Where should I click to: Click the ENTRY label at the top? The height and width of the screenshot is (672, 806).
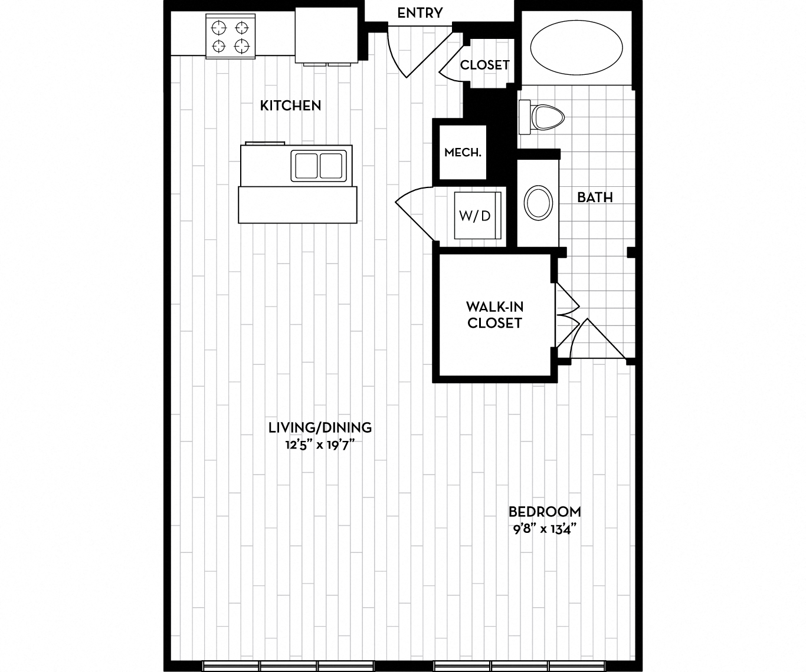click(x=420, y=13)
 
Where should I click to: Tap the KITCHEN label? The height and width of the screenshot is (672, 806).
click(x=291, y=106)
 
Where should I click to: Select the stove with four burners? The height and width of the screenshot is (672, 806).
click(x=230, y=37)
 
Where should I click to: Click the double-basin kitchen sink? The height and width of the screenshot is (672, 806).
click(x=319, y=166)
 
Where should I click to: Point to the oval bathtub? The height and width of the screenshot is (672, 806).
click(x=576, y=48)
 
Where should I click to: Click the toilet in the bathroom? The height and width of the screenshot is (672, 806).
click(x=543, y=117)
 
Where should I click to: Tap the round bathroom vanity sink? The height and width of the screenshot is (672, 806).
click(x=538, y=203)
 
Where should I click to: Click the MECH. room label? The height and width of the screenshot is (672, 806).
click(x=463, y=153)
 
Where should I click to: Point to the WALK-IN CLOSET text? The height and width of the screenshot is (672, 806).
click(x=494, y=315)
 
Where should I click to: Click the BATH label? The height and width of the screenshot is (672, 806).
click(x=595, y=197)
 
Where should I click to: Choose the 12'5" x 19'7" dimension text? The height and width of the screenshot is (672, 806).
click(x=319, y=444)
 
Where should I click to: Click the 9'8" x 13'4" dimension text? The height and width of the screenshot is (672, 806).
click(x=544, y=528)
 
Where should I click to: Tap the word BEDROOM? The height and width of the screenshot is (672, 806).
click(x=545, y=512)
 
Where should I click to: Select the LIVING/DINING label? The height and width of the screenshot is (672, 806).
click(x=320, y=427)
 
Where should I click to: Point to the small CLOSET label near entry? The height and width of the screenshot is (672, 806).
click(x=484, y=65)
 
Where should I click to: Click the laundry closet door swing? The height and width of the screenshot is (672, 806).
click(x=416, y=212)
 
